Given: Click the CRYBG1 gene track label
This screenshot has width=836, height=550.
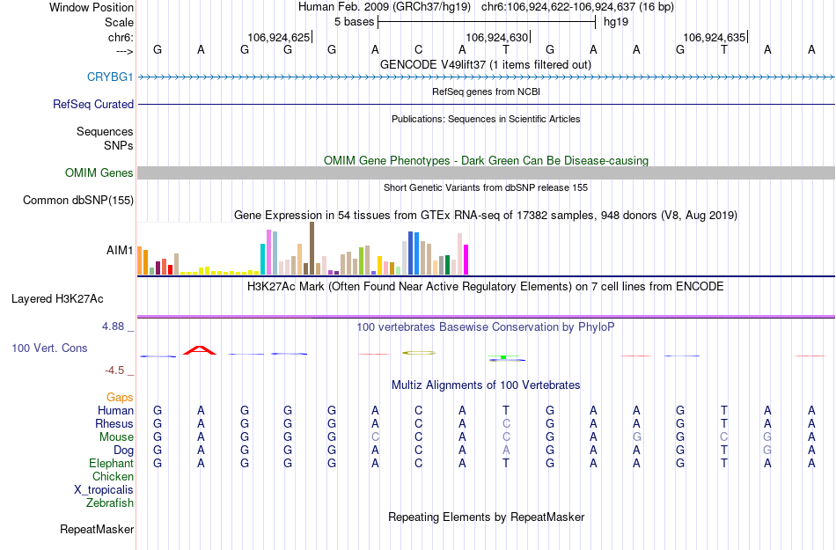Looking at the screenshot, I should (x=110, y=77).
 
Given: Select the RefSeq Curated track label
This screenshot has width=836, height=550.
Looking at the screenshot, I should (x=93, y=104).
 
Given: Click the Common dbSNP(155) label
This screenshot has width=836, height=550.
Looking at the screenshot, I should (x=78, y=201).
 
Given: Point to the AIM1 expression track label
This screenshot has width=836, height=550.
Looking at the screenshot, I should (x=120, y=251).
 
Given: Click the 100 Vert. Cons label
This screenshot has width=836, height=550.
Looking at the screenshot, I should (x=49, y=348).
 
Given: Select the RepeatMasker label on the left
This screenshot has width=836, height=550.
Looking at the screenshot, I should (x=97, y=530).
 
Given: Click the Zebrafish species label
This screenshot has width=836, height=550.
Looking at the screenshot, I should (x=110, y=503).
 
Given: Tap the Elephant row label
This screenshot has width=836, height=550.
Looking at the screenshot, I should (x=111, y=464).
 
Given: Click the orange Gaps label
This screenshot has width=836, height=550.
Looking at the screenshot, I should (x=120, y=398).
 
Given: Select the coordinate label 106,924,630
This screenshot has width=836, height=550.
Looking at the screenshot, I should (x=497, y=38).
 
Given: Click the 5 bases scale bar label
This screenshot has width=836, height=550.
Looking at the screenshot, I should (x=354, y=21).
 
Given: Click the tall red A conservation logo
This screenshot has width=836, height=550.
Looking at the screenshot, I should (x=200, y=350).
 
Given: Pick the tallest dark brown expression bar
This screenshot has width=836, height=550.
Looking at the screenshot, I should (x=312, y=248).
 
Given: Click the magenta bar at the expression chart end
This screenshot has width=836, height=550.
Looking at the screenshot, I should (x=466, y=259).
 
